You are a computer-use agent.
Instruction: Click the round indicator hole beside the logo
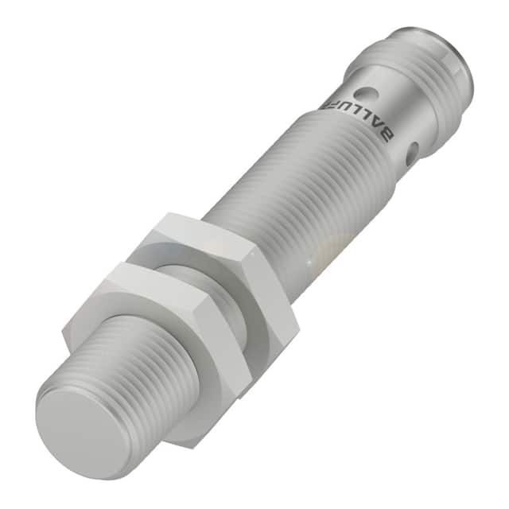click(366, 95)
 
